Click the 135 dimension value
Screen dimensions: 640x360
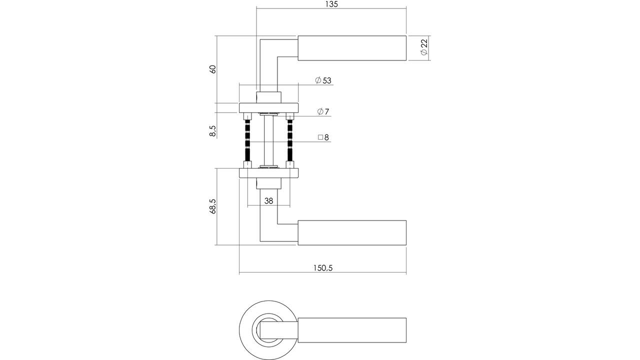331,4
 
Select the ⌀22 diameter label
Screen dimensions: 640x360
424,47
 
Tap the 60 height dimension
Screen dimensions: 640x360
213,69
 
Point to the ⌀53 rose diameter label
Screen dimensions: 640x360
323,80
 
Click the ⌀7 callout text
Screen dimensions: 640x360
323,111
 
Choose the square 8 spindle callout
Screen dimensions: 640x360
323,137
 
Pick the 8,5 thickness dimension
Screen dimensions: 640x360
213,131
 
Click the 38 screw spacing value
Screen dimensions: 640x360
268,201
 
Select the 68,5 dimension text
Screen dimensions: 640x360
213,206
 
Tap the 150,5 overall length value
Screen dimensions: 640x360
323,268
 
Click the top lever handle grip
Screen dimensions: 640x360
352,48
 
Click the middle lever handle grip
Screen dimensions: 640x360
352,232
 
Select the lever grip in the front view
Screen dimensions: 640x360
352,330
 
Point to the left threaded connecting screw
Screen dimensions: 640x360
247,141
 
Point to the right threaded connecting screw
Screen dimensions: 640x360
290,141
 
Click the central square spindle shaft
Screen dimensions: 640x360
268,140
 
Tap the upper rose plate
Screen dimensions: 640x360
268,107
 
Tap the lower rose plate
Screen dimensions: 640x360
268,173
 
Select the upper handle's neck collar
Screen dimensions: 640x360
268,97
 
